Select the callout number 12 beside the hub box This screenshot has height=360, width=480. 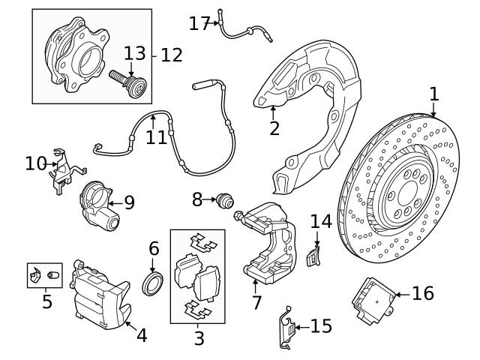point(171,55)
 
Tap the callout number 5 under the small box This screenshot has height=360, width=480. point(47,303)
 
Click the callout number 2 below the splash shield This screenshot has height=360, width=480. point(274,128)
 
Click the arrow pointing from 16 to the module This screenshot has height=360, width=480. point(401,293)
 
